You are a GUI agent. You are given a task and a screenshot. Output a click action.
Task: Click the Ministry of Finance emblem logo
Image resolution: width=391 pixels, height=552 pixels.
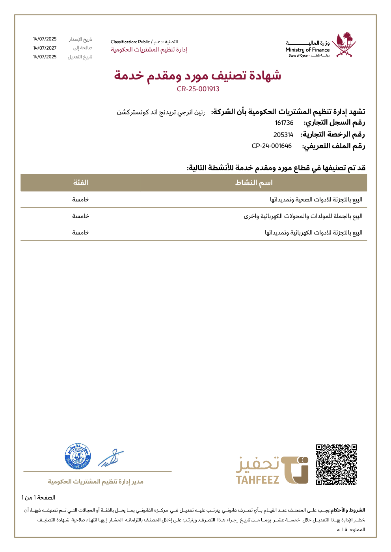click(344, 45)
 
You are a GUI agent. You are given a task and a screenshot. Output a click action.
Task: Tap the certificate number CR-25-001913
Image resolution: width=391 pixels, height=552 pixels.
click(198, 89)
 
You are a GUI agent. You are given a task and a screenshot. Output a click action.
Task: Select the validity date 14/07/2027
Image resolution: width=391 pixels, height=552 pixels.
click(45, 48)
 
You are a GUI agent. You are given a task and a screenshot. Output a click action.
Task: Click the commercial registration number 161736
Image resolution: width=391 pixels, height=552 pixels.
click(284, 123)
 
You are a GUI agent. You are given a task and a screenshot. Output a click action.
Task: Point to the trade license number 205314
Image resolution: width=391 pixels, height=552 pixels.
click(283, 135)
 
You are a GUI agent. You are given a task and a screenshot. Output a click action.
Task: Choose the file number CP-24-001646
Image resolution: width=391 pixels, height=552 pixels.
click(272, 146)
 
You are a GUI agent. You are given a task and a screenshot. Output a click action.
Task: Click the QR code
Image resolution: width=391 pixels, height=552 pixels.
click(336, 465)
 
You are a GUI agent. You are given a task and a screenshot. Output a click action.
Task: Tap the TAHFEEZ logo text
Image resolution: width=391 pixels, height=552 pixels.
click(257, 480)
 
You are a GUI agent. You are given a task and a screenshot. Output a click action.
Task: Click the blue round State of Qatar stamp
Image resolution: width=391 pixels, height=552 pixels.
click(78, 457)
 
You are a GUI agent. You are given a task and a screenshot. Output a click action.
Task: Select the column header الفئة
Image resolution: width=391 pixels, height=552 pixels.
click(80, 183)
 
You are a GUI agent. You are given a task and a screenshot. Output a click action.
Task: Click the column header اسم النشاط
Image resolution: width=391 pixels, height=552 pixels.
click(254, 183)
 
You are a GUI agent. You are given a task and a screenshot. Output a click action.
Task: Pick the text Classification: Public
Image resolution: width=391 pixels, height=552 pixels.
click(130, 42)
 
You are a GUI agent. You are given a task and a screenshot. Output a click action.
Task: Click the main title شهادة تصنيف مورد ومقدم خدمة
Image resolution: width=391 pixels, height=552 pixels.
click(197, 75)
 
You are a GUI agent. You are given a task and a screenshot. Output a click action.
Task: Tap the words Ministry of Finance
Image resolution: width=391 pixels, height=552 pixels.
click(307, 50)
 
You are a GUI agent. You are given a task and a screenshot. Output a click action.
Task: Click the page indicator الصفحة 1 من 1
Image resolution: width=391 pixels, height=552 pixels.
click(38, 498)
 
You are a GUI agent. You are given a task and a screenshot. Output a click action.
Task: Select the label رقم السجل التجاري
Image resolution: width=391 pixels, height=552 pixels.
click(334, 123)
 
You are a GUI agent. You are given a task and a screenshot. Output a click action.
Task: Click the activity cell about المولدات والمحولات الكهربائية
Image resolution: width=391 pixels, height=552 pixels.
click(303, 216)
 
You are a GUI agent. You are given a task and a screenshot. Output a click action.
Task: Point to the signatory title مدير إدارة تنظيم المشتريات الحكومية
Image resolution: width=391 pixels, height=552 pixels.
click(96, 482)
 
